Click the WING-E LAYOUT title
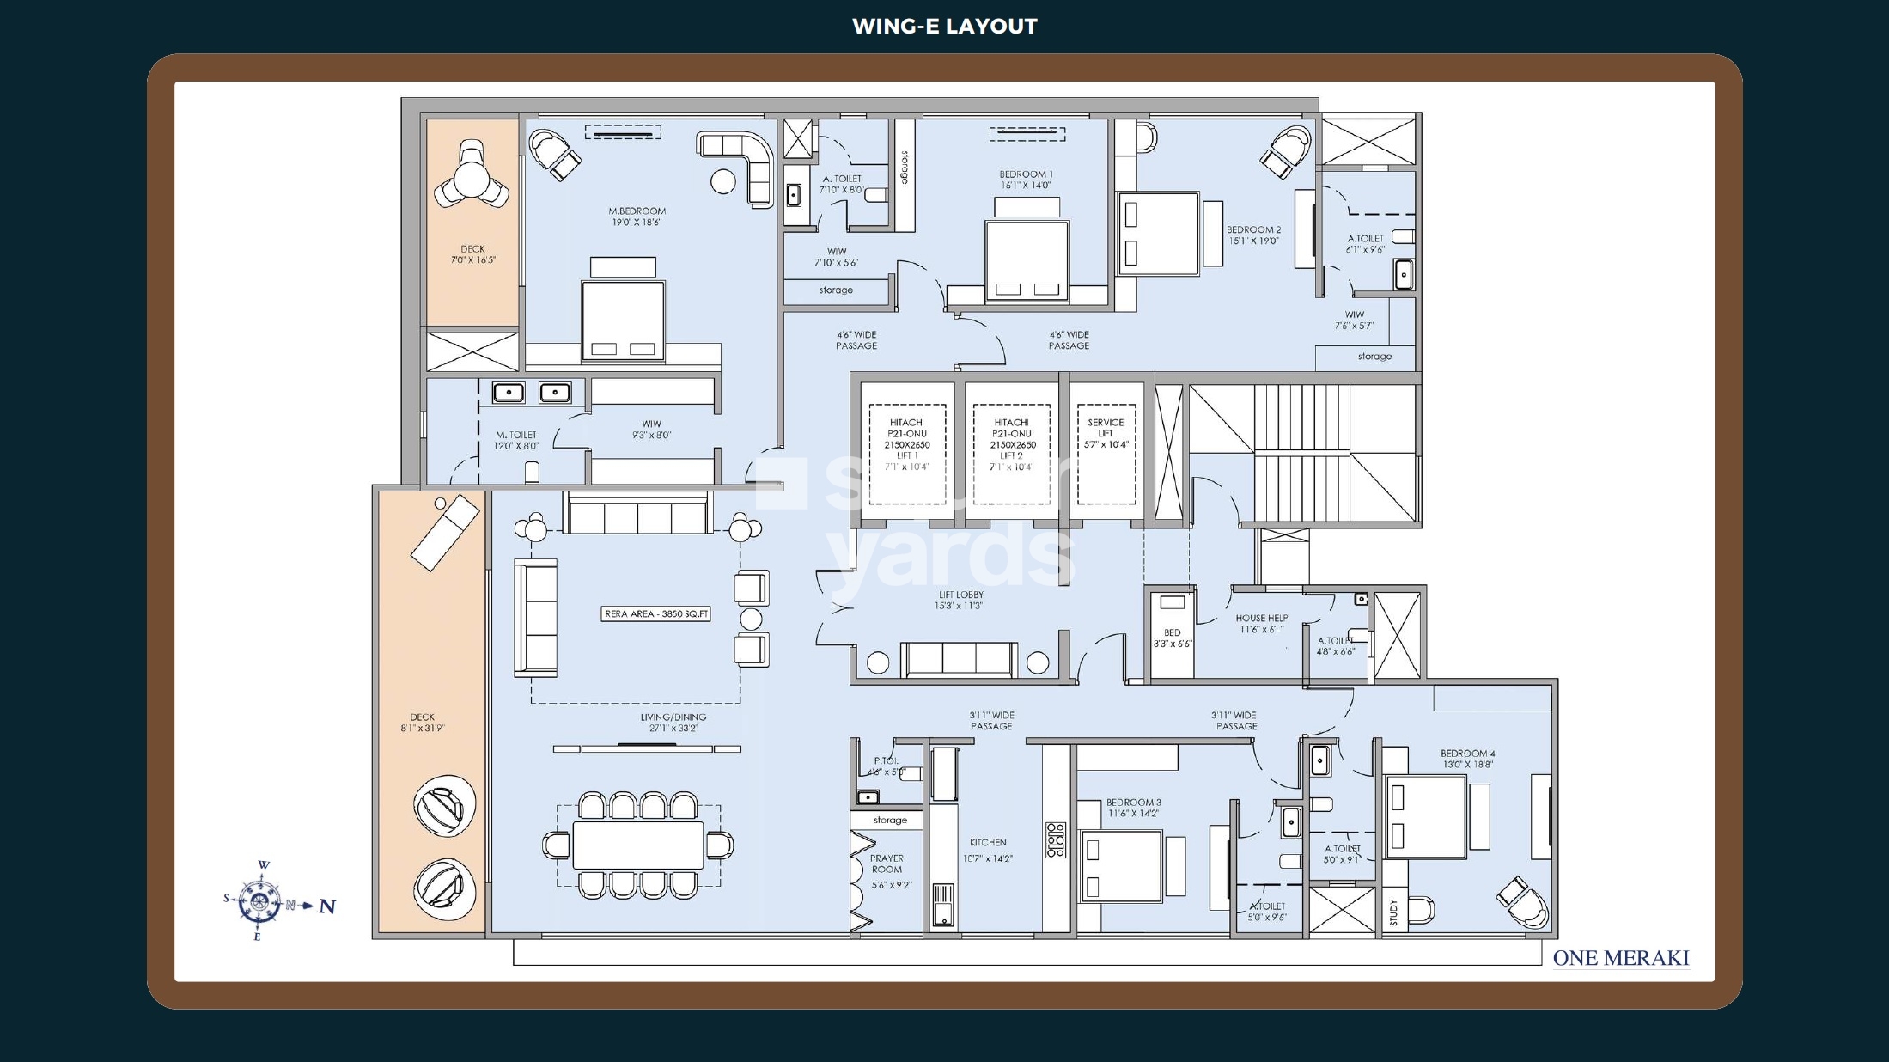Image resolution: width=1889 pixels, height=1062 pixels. point(944,27)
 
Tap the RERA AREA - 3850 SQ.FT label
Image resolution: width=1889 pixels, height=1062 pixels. point(656,614)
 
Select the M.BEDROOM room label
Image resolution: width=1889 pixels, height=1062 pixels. point(637,217)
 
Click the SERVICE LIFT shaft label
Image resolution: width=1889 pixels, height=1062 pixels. point(1106,433)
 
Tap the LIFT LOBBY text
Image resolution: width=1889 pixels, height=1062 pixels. point(960,600)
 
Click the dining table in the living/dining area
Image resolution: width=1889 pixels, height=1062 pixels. point(637,845)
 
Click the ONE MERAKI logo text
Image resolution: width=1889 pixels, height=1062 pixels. point(1620,958)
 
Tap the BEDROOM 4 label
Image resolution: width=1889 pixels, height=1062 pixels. point(1467,759)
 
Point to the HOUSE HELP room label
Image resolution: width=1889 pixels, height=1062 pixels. point(1261,623)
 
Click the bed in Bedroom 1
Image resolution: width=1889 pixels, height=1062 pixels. point(1027,260)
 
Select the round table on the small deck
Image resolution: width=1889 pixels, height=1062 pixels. point(471,181)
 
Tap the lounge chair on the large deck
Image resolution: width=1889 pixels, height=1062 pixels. point(444,533)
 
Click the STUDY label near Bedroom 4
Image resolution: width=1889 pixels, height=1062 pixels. point(1392,912)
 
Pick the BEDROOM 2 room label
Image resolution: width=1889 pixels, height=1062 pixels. point(1253,235)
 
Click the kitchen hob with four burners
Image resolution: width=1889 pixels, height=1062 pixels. point(1055,839)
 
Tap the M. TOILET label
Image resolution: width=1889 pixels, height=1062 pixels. point(515,440)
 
